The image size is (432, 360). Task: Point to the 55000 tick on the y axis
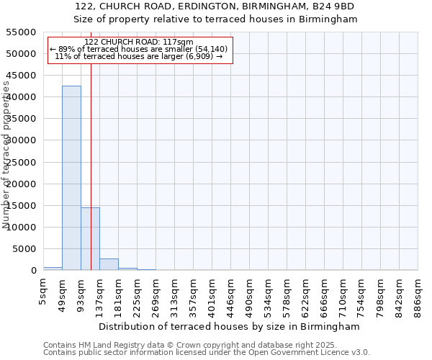[22, 32]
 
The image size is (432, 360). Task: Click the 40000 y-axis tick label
[22, 97]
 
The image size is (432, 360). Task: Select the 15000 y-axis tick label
[22, 206]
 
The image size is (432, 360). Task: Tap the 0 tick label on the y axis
[33, 271]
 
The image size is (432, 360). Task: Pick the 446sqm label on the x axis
[231, 291]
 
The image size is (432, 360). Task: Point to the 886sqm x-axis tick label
[418, 291]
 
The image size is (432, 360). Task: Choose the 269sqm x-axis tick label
[156, 291]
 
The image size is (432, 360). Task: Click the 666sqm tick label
[325, 291]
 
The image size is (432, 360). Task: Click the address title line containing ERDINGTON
[215, 6]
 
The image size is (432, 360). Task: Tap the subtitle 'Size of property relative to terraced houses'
[215, 19]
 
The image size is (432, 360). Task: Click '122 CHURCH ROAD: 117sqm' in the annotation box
[139, 42]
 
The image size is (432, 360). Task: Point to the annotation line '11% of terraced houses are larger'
[139, 56]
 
